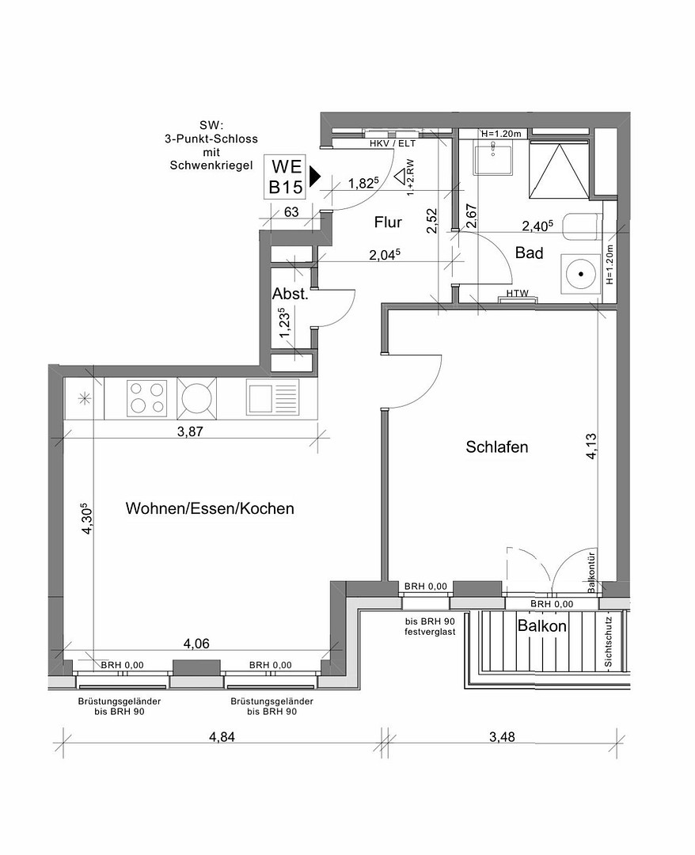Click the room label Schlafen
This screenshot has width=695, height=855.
[496, 447]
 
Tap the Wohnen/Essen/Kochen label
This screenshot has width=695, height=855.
[210, 508]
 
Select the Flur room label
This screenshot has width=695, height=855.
[388, 222]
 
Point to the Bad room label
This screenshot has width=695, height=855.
[529, 253]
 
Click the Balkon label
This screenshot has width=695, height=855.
[541, 626]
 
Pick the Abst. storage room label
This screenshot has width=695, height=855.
[291, 294]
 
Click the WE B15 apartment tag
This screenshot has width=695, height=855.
[286, 177]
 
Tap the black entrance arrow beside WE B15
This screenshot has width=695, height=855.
[314, 176]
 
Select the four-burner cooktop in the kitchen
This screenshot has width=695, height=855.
[146, 398]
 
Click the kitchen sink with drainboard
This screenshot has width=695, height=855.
[272, 397]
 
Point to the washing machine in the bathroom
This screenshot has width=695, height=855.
[580, 274]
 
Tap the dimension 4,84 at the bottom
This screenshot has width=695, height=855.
[222, 737]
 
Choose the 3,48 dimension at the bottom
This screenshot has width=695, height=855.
[502, 737]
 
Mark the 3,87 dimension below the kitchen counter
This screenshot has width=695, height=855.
[190, 432]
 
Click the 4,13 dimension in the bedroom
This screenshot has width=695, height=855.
[591, 446]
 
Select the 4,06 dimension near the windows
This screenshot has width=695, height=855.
[196, 644]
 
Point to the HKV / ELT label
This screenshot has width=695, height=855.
[393, 144]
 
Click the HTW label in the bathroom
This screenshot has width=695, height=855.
[518, 294]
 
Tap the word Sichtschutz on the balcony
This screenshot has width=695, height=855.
[609, 642]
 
